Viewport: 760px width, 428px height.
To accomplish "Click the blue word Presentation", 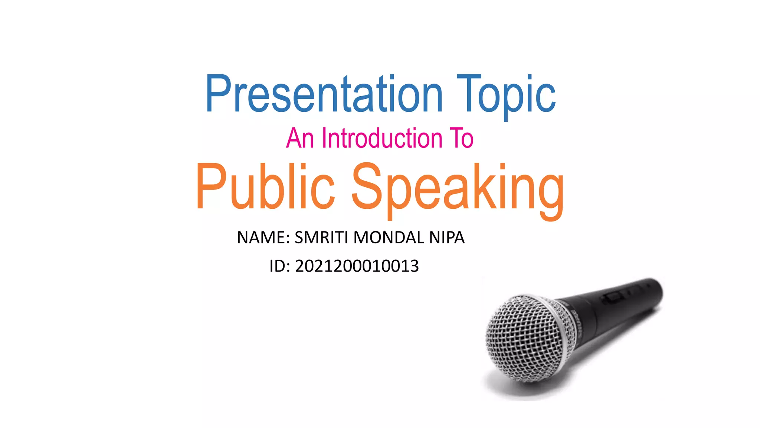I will pos(324,94).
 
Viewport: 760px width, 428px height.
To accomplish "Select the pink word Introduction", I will pos(382,138).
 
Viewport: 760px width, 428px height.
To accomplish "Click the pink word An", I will pos(300,138).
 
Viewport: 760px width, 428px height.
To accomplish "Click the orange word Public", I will pos(265,187).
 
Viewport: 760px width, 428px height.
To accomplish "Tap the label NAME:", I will pos(263,238).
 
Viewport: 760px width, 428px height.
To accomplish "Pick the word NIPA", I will pos(447,238).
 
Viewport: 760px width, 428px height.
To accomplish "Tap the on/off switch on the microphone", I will pos(613,297).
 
